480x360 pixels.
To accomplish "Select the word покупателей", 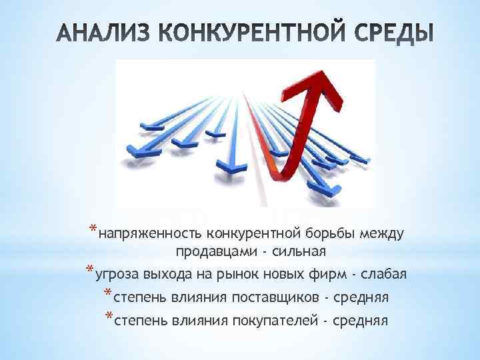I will coord(271,319).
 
